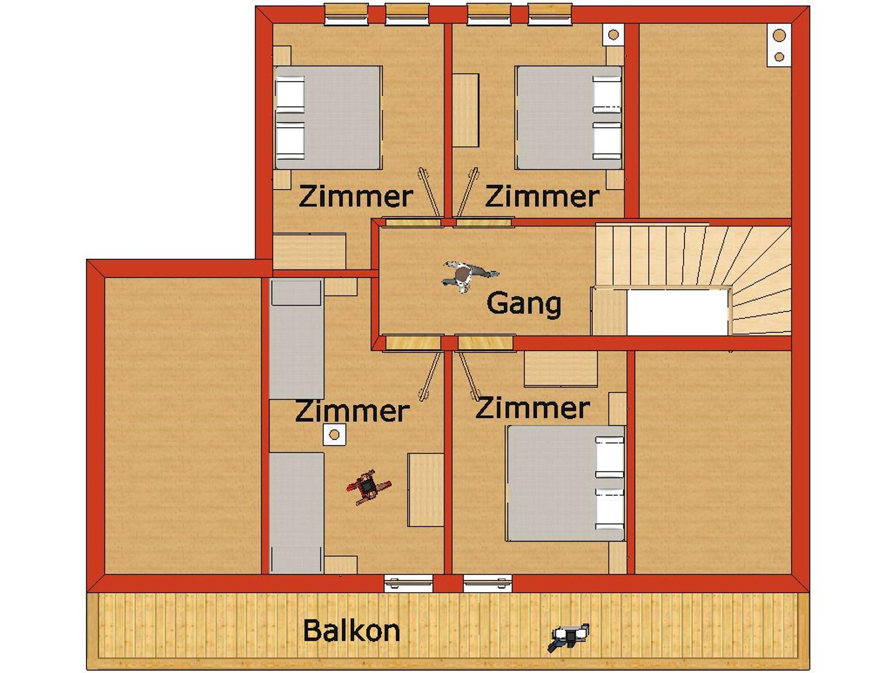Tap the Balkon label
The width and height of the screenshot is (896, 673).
click(x=351, y=631)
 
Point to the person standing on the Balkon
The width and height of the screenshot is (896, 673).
click(x=569, y=637)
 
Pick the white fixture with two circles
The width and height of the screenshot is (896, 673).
click(x=779, y=45)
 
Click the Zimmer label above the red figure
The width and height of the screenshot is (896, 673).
click(x=352, y=412)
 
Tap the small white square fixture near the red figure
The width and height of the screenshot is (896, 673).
click(x=334, y=435)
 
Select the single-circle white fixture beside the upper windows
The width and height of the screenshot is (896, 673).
click(x=613, y=34)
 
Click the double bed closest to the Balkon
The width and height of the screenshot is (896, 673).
click(x=566, y=483)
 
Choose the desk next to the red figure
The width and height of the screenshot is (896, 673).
click(x=426, y=490)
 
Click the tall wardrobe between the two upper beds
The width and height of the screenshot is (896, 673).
click(x=465, y=110)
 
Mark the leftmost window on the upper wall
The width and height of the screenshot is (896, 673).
click(x=346, y=14)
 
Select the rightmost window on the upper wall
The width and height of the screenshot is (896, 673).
click(x=550, y=14)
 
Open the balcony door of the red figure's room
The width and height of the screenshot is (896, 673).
click(x=408, y=584)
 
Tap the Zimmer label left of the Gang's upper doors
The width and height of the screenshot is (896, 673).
click(x=356, y=196)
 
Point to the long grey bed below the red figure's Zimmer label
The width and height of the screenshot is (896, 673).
click(x=297, y=513)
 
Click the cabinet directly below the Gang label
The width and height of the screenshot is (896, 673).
click(x=561, y=369)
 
